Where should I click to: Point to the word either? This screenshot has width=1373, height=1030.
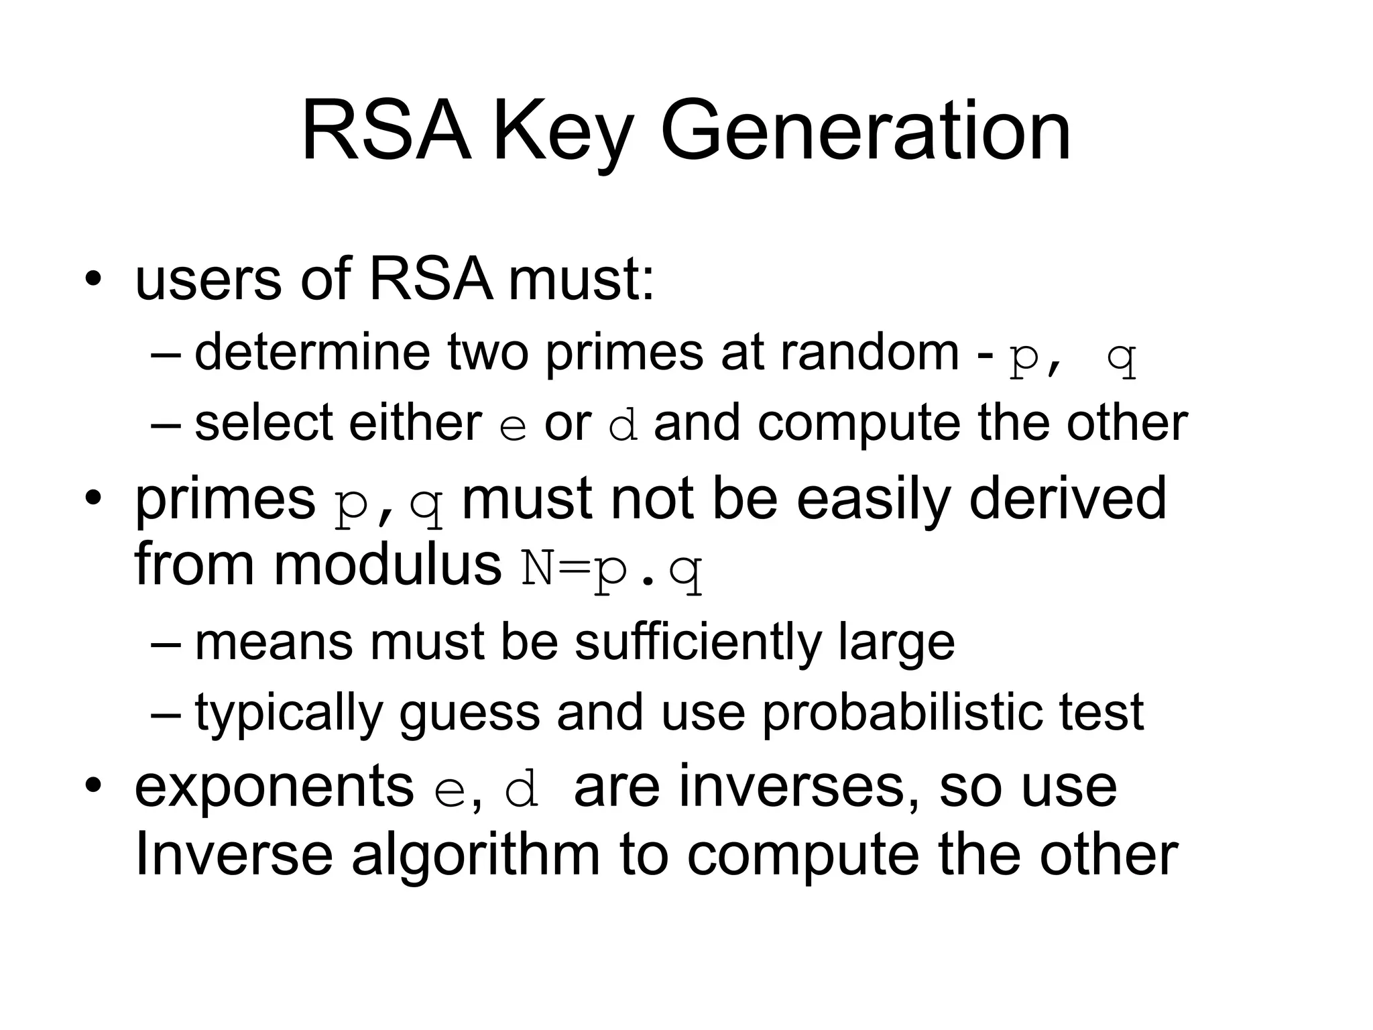415,423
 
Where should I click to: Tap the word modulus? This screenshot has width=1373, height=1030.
387,564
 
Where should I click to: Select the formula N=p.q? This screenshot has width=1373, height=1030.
611,569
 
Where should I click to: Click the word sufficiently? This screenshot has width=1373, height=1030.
697,642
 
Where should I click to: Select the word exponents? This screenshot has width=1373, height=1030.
274,789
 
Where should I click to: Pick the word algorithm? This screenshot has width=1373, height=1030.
475,857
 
